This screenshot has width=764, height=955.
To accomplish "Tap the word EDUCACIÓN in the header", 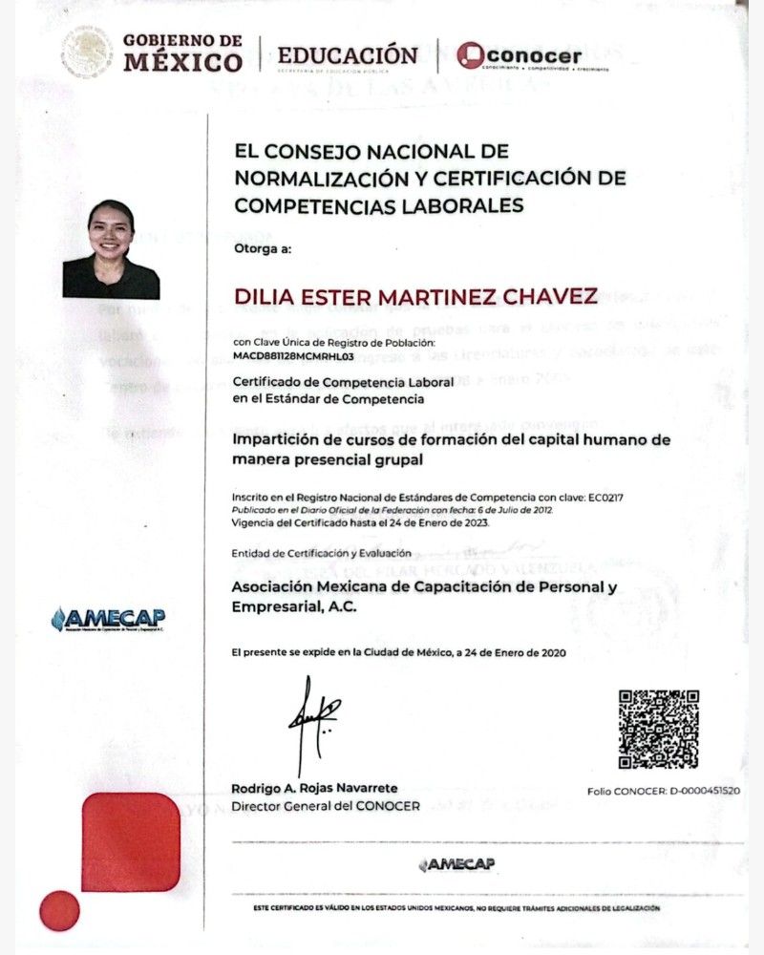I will pyautogui.click(x=347, y=54).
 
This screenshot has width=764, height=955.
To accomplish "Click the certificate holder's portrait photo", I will pyautogui.click(x=111, y=249).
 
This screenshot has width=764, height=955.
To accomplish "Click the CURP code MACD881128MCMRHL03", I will pyautogui.click(x=293, y=355).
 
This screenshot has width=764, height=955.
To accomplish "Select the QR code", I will pyautogui.click(x=658, y=730).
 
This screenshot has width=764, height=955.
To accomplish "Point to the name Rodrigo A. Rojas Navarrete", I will pyautogui.click(x=314, y=788).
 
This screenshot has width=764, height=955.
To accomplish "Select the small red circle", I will pyautogui.click(x=59, y=911).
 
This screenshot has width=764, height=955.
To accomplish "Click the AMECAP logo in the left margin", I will pyautogui.click(x=108, y=618).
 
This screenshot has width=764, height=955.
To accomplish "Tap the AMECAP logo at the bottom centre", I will pyautogui.click(x=456, y=865).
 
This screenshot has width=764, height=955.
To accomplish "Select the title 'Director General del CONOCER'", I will pyautogui.click(x=326, y=806).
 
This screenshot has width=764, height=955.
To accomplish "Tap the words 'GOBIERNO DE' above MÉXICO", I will pyautogui.click(x=182, y=41).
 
